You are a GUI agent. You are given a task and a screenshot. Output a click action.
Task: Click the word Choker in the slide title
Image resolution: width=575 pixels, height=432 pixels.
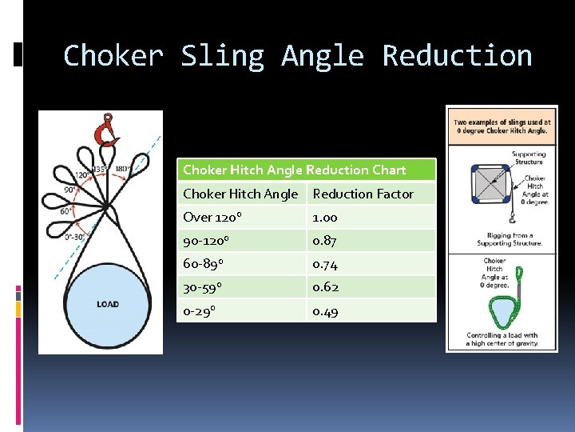click(x=113, y=56)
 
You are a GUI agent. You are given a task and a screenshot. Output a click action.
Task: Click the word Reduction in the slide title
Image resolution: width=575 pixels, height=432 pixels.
click(x=457, y=56)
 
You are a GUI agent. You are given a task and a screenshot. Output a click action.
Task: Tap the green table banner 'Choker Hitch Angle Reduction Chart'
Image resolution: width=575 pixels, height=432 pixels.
click(x=306, y=170)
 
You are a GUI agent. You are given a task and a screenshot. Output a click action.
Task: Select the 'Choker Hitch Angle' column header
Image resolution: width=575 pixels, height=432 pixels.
click(x=240, y=194)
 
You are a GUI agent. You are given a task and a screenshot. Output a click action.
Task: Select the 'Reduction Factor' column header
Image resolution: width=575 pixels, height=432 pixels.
click(x=363, y=194)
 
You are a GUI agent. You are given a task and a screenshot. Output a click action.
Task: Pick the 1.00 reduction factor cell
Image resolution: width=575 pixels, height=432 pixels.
click(x=325, y=218)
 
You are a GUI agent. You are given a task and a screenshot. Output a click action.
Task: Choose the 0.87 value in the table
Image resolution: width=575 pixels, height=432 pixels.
click(x=325, y=241)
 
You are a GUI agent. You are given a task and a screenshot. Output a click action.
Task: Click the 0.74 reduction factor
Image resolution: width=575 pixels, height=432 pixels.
click(x=325, y=264)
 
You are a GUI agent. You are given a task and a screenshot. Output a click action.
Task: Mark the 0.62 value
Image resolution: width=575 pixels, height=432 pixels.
click(x=325, y=287)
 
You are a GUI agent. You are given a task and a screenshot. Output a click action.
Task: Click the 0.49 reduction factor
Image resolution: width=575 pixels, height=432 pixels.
click(x=325, y=311)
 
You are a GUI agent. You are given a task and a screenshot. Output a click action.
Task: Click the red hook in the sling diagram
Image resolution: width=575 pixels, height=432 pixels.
click(x=105, y=130)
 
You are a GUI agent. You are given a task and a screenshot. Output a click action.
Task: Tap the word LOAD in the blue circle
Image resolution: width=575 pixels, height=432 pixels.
click(x=108, y=304)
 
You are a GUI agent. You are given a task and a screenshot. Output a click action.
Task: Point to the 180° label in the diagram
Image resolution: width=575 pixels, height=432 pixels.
click(x=123, y=169)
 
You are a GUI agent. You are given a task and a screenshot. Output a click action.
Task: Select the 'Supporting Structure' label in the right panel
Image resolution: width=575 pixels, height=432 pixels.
click(x=528, y=158)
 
